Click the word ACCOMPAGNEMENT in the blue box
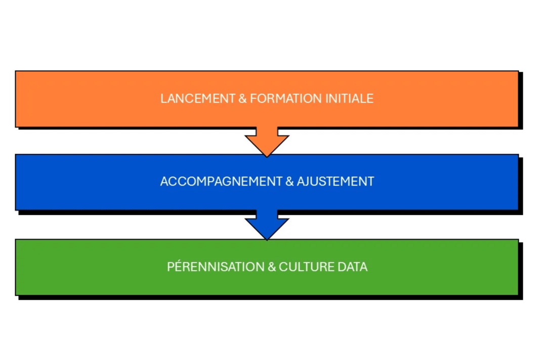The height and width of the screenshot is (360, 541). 221,181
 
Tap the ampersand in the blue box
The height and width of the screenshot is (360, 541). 289,181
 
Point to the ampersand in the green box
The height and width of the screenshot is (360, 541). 272,266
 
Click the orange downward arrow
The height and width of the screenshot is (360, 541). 267,141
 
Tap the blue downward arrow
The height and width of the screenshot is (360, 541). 267,225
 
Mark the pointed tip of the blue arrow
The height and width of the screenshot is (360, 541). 267,239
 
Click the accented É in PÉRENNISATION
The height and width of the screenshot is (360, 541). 178,266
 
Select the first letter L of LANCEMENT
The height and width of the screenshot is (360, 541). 163,98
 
